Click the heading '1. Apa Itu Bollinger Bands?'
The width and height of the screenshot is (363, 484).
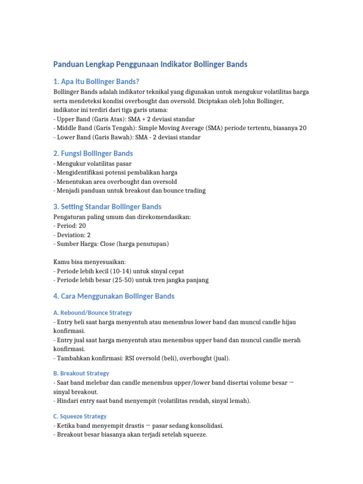96,81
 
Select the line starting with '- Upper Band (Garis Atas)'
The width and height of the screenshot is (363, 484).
124,119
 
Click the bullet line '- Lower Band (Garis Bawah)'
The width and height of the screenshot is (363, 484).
127,137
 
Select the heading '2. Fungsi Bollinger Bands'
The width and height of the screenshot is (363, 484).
93,154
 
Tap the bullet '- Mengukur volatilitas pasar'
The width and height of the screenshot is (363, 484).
93,164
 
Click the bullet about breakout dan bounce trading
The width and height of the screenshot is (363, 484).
130,190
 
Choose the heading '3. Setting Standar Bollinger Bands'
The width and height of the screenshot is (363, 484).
107,207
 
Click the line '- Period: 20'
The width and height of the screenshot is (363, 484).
69,226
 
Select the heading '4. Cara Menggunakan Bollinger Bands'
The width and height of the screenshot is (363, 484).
114,296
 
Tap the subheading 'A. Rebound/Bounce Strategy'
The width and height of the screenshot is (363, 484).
93,312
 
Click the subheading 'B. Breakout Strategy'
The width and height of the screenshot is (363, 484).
81,373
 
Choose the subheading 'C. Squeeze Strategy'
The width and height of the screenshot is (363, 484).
80,416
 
